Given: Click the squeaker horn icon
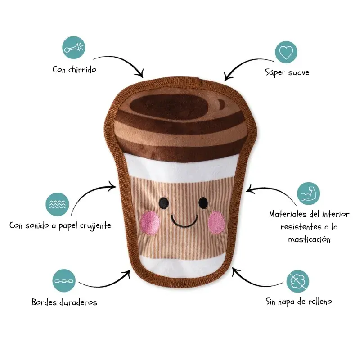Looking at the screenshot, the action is tap(73, 48).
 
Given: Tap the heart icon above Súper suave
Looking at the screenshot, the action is tap(286, 52).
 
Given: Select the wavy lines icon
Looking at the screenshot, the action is tap(57, 204).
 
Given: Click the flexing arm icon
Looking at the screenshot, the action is tap(308, 193).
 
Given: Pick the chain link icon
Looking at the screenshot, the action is tap(64, 280).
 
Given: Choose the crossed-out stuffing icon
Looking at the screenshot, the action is tap(298, 281).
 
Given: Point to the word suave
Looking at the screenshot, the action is tap(299, 73).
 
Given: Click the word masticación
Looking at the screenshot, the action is tap(309, 239).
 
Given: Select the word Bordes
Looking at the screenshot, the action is tap(44, 302).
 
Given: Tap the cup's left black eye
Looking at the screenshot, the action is tap(164, 203).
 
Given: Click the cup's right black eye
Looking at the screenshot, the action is tap(203, 203).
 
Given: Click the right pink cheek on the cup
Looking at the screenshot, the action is tap(216, 222).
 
